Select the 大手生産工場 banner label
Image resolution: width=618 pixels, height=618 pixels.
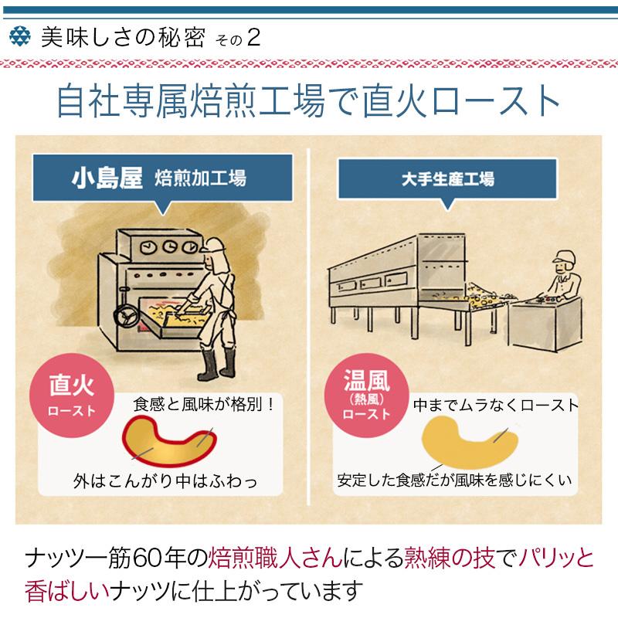click(x=448, y=179)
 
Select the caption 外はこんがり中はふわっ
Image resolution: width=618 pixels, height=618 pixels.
click(x=165, y=480)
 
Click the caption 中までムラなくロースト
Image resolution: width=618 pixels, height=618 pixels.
click(x=495, y=405)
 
